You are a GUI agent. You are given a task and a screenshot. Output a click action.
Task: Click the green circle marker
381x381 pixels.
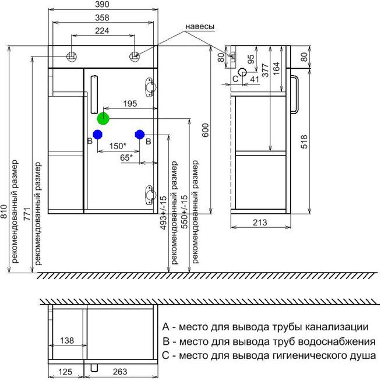coord(103,118)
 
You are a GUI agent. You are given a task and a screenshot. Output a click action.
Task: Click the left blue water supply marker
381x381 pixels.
coord(97,134)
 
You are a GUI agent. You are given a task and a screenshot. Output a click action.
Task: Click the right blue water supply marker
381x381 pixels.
coord(139,134)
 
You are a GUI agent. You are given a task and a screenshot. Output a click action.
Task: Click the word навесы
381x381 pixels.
coord(200,27)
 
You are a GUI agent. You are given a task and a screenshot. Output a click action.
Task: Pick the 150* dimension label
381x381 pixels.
coord(118,146)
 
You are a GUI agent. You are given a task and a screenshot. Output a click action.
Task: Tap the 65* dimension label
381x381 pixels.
coord(126,157)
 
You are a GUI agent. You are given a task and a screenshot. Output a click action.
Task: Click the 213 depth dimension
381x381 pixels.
coord(260,222)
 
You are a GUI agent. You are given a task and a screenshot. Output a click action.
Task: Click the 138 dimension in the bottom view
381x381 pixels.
coord(68,340)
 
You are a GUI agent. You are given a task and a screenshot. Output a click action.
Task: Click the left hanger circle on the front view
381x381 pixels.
coord(72,57)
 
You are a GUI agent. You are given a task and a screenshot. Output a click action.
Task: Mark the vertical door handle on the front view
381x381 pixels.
coord(96,94)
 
